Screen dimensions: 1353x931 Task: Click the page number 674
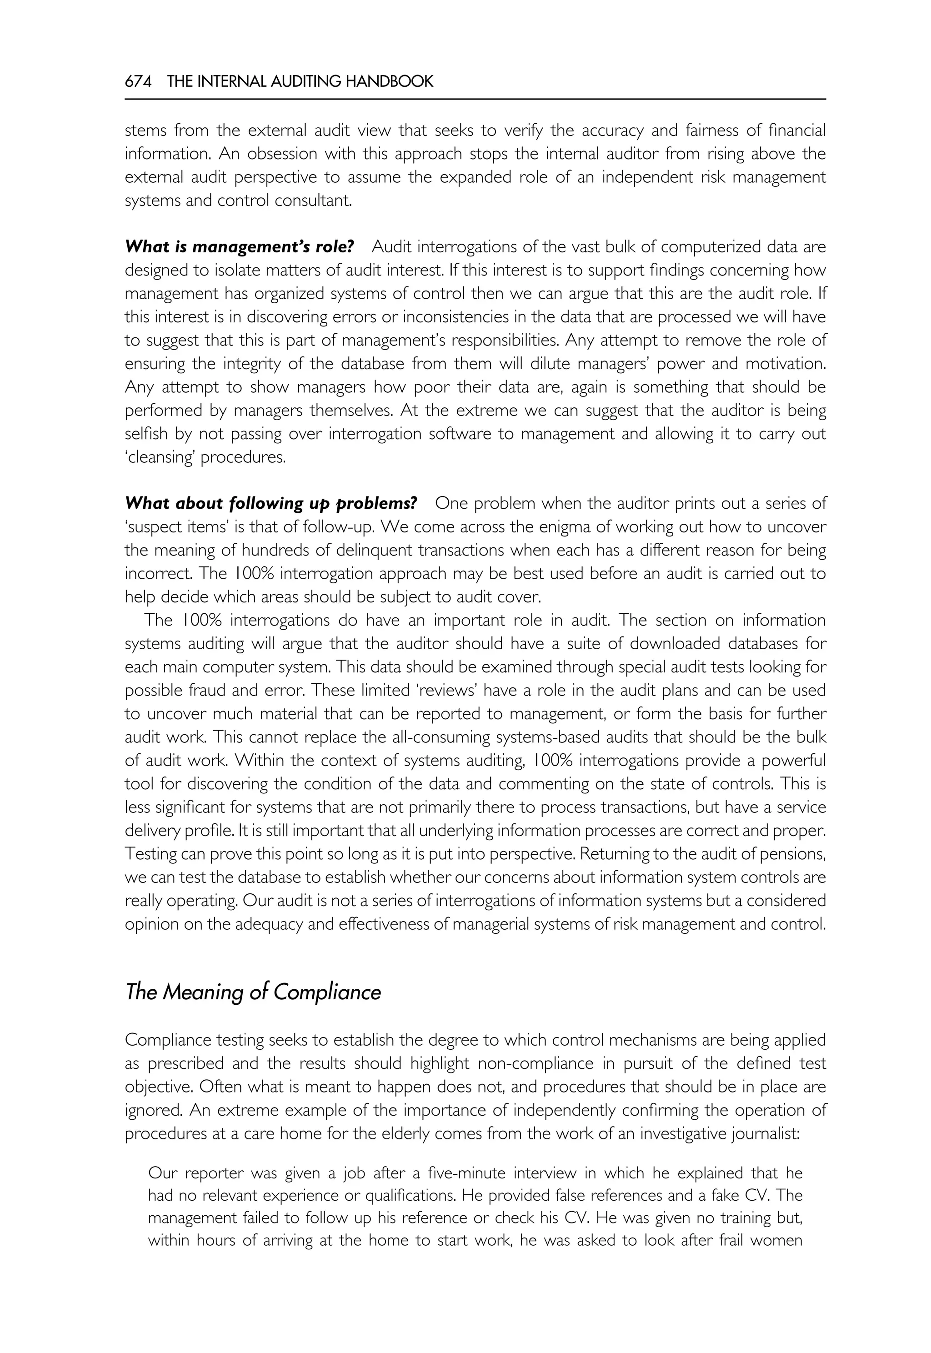(138, 82)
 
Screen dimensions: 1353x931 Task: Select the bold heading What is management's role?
(239, 247)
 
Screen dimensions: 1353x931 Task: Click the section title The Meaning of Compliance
(253, 992)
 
